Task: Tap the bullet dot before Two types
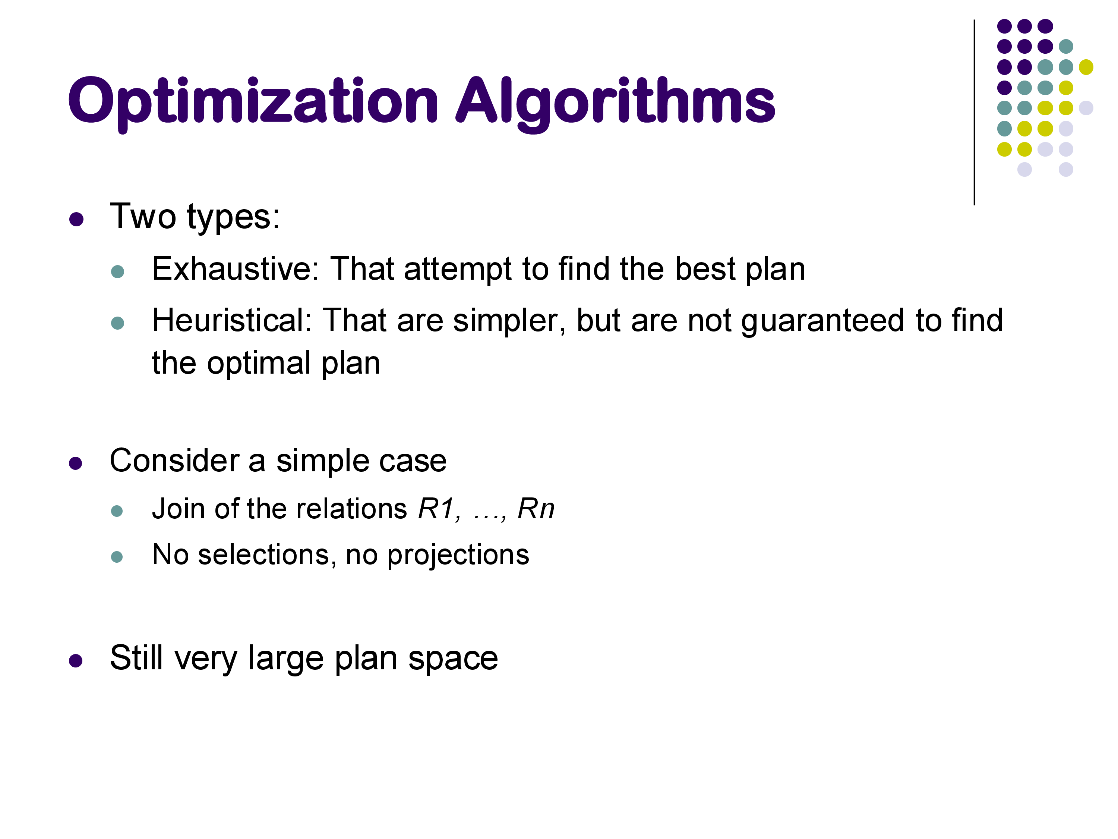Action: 76,220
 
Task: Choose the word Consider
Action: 174,461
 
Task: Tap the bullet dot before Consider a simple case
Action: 76,463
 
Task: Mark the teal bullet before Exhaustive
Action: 117,271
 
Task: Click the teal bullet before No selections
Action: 117,557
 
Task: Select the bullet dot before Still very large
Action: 76,660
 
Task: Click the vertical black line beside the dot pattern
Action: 974,112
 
